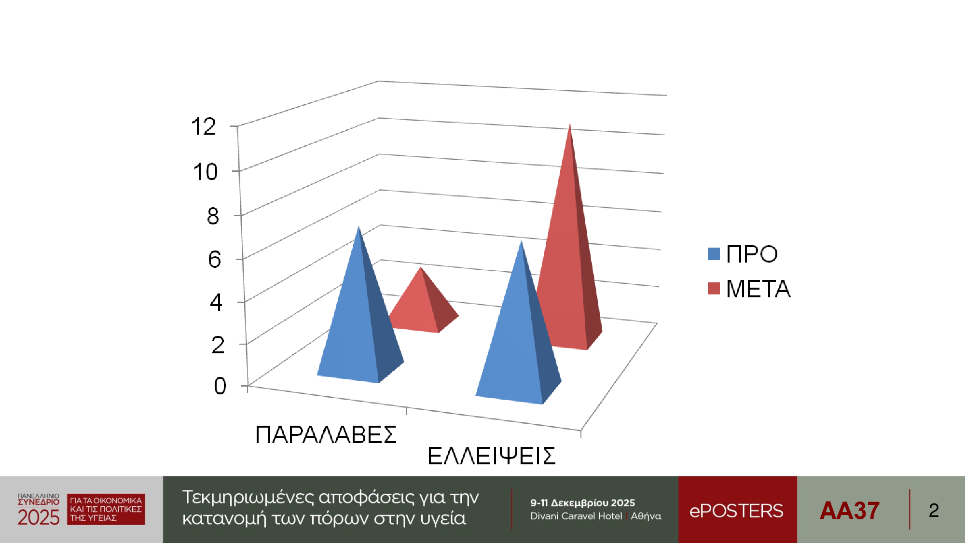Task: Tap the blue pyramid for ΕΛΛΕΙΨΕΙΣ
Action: point(519,338)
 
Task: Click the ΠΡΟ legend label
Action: point(752,254)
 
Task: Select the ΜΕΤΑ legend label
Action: point(758,289)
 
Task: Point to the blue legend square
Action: point(714,254)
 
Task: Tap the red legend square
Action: point(714,288)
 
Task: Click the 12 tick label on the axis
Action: point(203,126)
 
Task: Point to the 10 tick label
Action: point(205,172)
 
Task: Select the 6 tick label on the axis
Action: point(214,259)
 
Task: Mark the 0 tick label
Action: point(220,386)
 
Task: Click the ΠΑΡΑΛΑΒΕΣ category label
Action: point(326,435)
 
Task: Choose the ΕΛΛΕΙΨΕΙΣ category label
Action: point(491,456)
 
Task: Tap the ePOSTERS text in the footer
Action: point(736,511)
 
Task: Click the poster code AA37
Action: point(850,510)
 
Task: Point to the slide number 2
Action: point(934,510)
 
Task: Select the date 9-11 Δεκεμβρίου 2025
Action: point(582,503)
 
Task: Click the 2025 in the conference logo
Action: point(39,517)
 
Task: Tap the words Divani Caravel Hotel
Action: point(576,516)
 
